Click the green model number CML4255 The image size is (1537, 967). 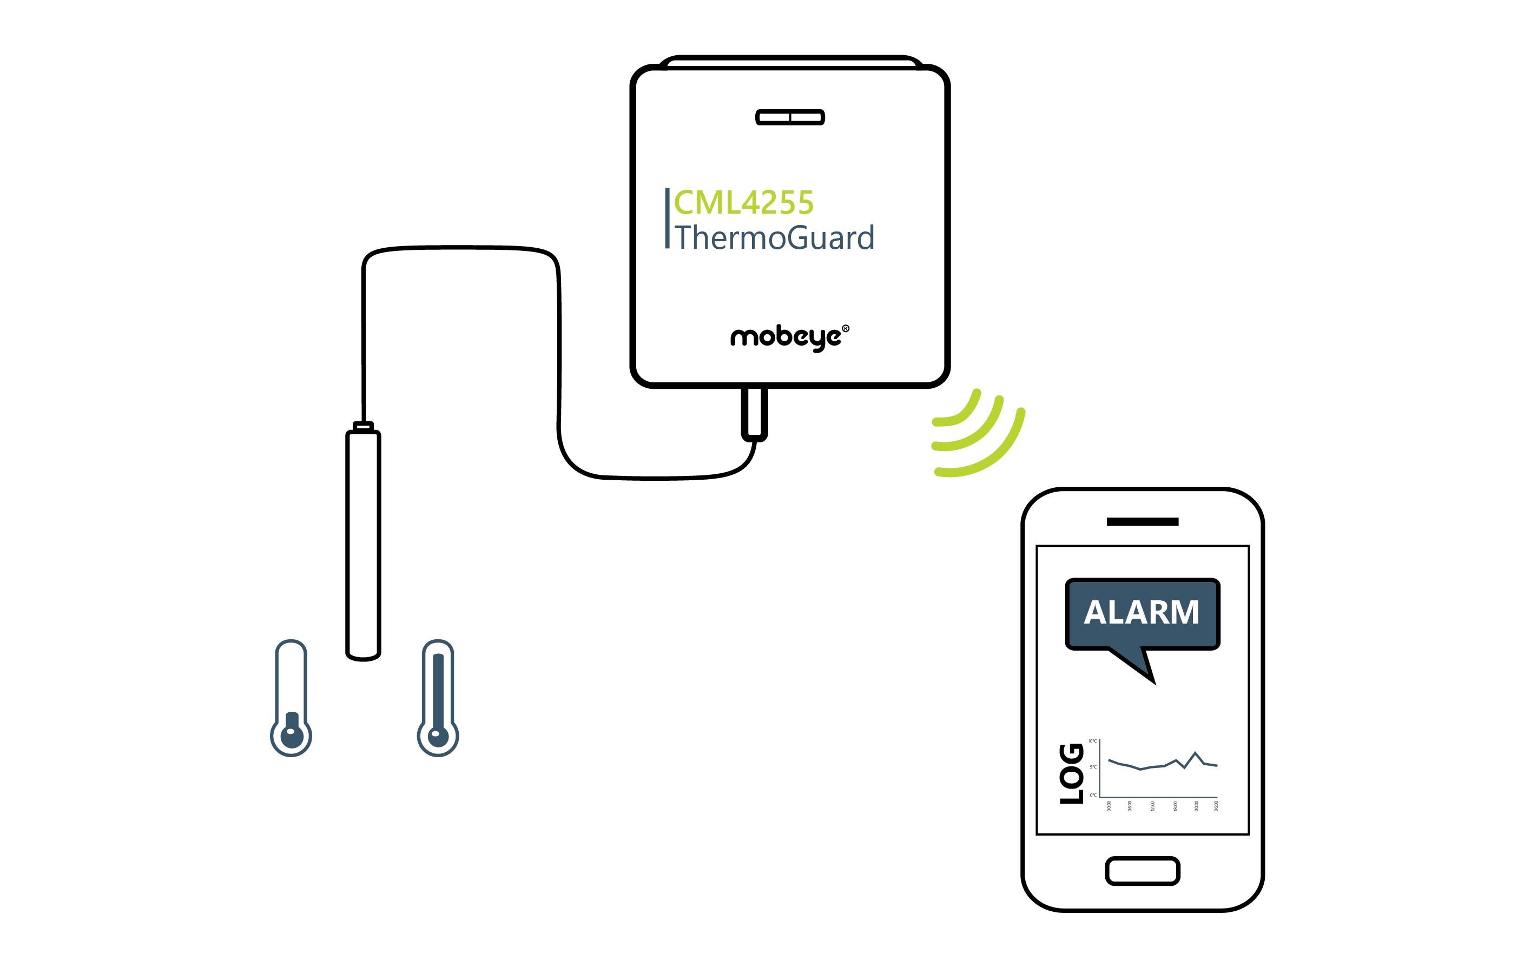pos(743,203)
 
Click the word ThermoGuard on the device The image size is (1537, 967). pos(774,238)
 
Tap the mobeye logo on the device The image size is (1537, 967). pos(786,336)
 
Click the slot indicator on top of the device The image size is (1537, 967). pos(789,117)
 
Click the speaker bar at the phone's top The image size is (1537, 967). pos(1142,521)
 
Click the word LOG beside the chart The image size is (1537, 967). pos(1072,773)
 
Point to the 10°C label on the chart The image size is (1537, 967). pos(1092,741)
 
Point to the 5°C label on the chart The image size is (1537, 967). pos(1093,767)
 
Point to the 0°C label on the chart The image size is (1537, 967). pos(1093,796)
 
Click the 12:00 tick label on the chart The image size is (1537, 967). pos(1152,806)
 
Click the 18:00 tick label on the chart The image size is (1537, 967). pos(1175,806)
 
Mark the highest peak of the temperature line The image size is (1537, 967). pos(1196,753)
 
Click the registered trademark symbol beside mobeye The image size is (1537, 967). pos(846,328)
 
